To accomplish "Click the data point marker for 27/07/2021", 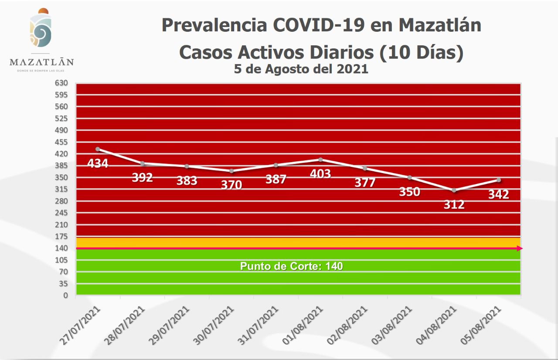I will coord(98,149).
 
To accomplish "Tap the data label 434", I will coord(98,163).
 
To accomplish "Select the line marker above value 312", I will coord(454,190).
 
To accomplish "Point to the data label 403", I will coord(320,173).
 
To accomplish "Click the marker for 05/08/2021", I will coord(498,180).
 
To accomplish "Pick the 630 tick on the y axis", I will coord(61,83).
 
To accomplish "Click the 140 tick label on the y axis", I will coord(61,248).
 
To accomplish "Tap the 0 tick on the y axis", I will coord(65,295).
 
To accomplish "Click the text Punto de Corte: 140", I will coord(291,266).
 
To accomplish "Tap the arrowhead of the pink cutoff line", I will coord(519,248).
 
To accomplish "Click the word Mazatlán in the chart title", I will coord(440,25).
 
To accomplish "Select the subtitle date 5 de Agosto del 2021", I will coord(301,69).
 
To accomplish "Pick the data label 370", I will coord(231,184).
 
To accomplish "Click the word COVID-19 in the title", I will coord(318,25).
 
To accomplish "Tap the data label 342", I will coord(498,194).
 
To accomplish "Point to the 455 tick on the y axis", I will coord(61,142).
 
